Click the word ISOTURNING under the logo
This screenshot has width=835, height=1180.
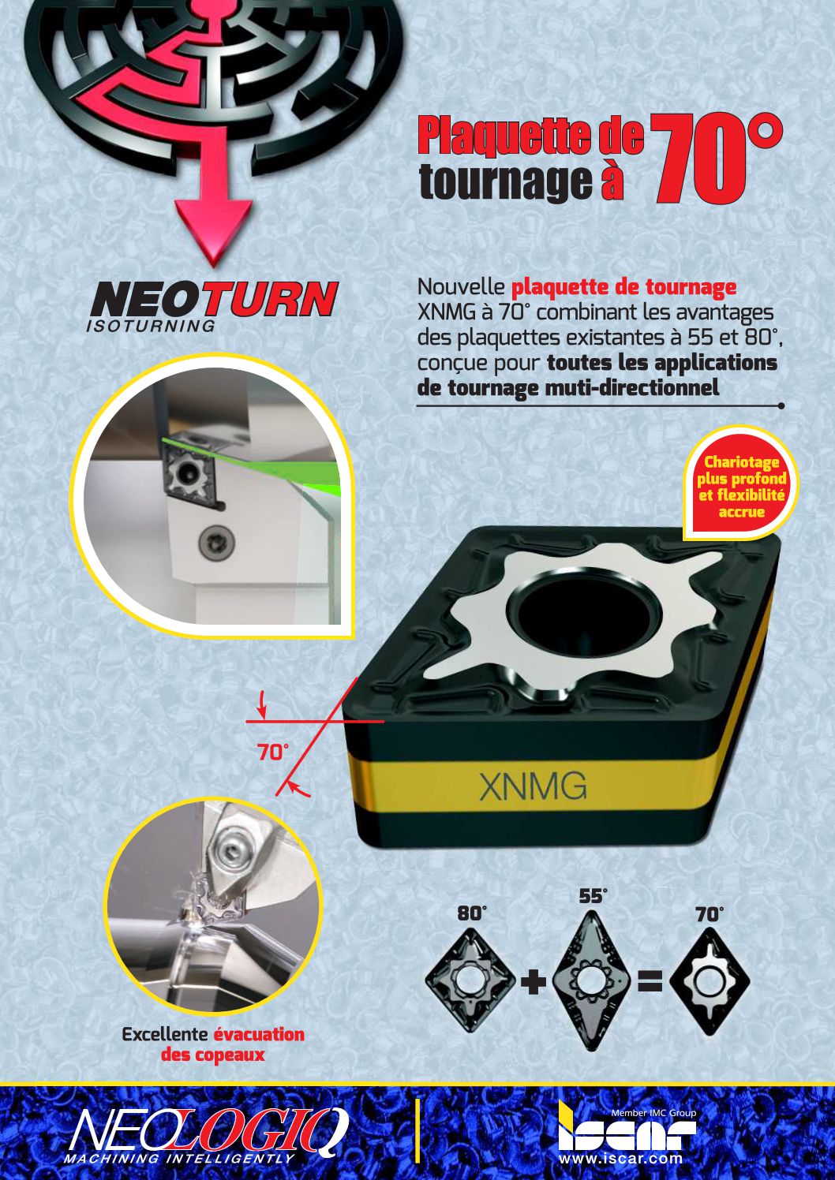click(150, 326)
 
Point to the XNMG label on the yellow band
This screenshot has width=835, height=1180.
click(534, 786)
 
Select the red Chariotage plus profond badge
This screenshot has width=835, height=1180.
click(740, 485)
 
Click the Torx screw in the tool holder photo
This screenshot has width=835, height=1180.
click(217, 541)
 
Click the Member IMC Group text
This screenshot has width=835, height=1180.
click(653, 1113)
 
